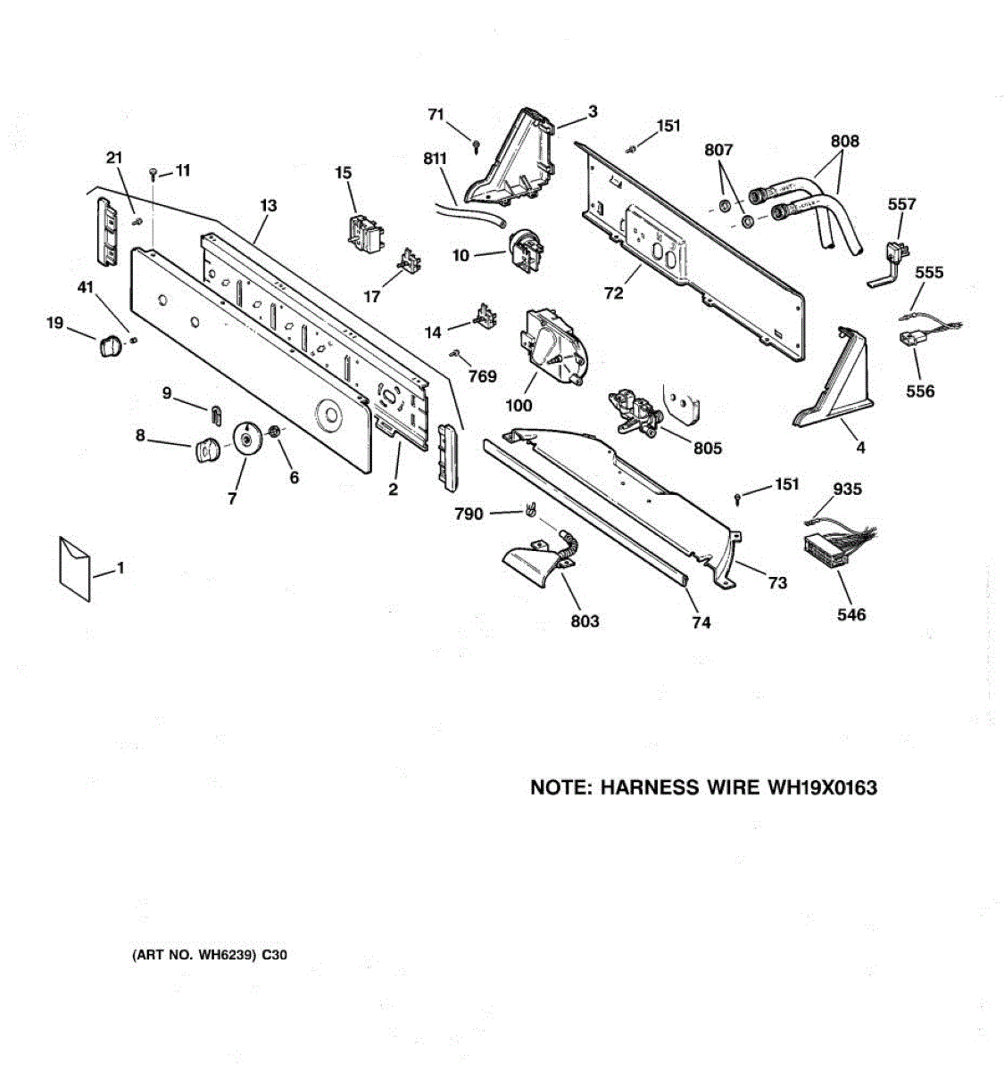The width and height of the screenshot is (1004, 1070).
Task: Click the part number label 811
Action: [436, 160]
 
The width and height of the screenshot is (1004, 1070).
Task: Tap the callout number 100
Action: [519, 406]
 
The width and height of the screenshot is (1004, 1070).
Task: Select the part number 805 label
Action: [708, 449]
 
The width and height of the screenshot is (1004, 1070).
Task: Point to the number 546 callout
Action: [850, 614]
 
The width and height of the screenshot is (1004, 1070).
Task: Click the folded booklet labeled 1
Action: [74, 568]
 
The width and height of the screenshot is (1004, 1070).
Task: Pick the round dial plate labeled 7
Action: [245, 439]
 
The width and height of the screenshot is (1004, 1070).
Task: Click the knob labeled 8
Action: [207, 450]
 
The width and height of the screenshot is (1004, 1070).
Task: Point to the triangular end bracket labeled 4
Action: [834, 383]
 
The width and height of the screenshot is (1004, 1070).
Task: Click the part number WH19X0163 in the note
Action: [818, 787]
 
